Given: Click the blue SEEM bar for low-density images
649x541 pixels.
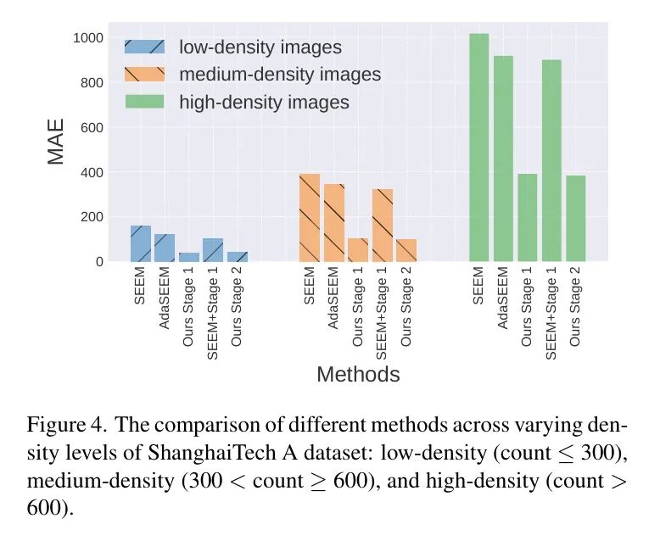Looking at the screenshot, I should click(140, 243).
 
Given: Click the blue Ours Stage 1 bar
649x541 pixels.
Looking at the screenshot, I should click(189, 257).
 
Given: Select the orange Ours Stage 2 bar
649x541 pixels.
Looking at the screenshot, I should click(407, 250).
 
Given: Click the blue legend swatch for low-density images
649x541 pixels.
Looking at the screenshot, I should click(144, 47).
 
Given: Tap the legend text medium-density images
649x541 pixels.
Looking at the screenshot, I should click(280, 75).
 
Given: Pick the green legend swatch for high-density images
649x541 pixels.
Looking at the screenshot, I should click(144, 103).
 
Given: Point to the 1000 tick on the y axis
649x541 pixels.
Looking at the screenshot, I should click(88, 38).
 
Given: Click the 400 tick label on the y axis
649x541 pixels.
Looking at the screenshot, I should click(92, 172).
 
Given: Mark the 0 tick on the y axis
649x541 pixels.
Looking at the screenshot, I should click(98, 261).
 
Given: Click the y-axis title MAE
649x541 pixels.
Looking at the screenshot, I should click(56, 145).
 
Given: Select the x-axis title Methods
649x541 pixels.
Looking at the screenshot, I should click(358, 374).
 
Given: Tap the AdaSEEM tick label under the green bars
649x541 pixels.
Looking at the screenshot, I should click(504, 297).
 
